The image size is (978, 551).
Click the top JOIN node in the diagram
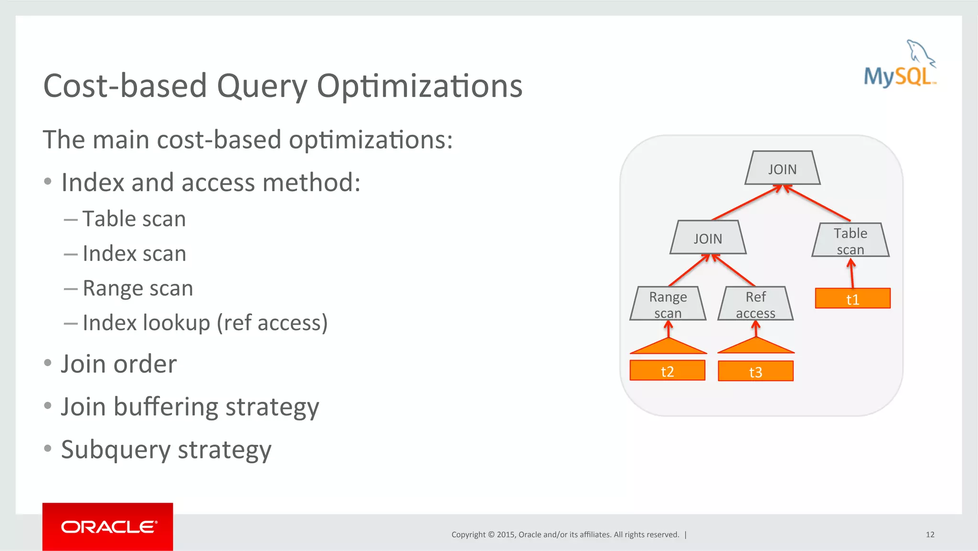click(x=782, y=169)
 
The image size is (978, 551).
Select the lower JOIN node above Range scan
click(x=708, y=238)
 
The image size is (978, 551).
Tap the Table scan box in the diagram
click(x=850, y=240)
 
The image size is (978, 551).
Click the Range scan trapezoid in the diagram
click(x=668, y=304)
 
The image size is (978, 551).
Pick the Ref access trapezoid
click(x=755, y=304)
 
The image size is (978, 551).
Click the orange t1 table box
click(x=852, y=299)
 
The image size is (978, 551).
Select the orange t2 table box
click(x=667, y=371)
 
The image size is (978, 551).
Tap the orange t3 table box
click(x=755, y=371)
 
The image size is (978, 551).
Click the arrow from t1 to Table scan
click(x=851, y=273)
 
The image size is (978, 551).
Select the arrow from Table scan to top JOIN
click(x=818, y=204)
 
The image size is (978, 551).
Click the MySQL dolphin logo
click(x=900, y=65)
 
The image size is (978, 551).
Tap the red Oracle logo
click(x=108, y=527)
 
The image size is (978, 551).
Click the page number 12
click(x=930, y=534)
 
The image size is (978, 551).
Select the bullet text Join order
click(x=119, y=364)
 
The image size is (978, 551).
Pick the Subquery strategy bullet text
click(x=166, y=450)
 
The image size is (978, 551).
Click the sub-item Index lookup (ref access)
click(x=205, y=323)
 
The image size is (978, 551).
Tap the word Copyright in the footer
click(x=468, y=534)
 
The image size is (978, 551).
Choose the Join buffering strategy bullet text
click(x=190, y=407)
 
